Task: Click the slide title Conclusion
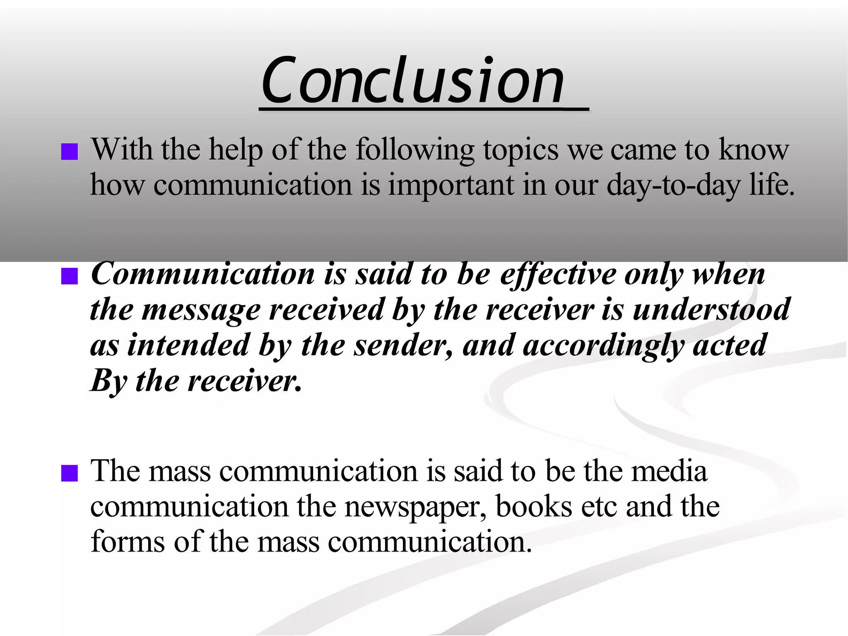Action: click(413, 80)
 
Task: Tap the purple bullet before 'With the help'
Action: click(69, 152)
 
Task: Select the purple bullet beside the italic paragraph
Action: click(69, 276)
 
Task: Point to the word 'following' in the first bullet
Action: click(414, 150)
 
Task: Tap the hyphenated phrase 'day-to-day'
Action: click(673, 185)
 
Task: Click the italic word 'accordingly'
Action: click(603, 346)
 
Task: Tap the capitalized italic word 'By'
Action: click(108, 381)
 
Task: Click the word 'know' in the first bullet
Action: click(754, 150)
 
